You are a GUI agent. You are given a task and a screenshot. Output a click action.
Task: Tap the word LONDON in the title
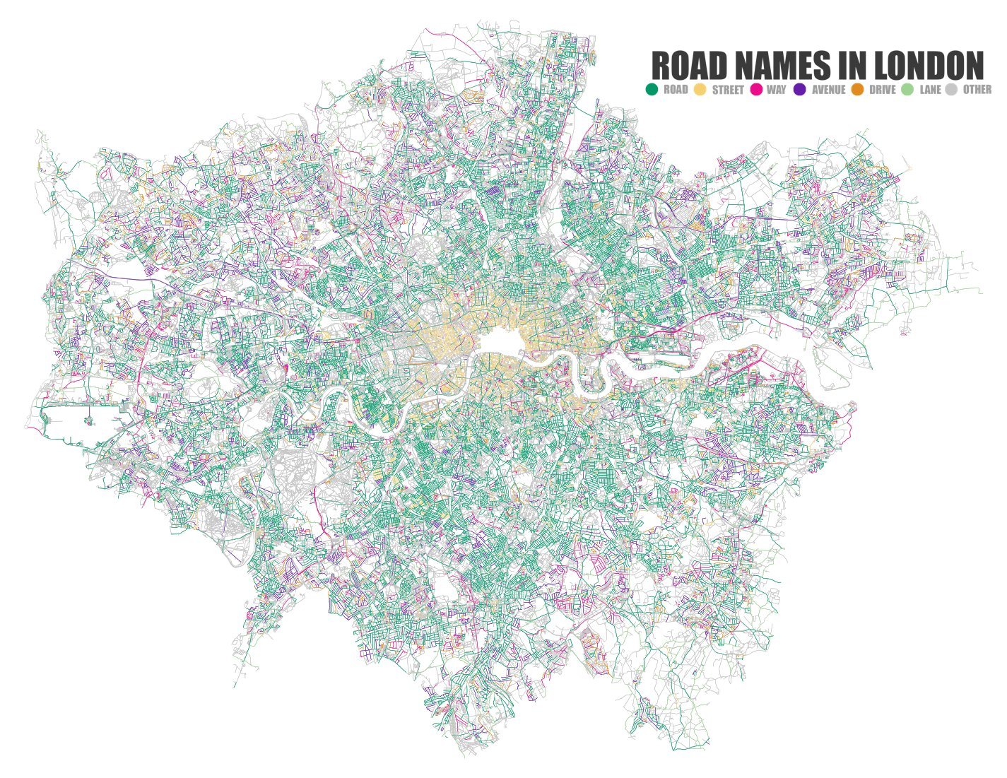[x=929, y=66]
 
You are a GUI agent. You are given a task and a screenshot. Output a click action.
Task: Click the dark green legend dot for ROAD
[x=652, y=90]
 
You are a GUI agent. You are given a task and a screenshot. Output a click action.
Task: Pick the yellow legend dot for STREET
[x=700, y=90]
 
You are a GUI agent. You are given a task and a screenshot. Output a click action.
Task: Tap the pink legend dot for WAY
[x=755, y=90]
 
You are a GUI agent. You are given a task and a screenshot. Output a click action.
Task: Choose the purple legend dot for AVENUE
[x=800, y=90]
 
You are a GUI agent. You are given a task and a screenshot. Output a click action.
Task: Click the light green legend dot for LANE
[x=907, y=90]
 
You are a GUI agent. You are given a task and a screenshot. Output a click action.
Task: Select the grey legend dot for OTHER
[x=952, y=90]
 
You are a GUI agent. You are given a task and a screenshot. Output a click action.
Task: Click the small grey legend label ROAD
[x=676, y=90]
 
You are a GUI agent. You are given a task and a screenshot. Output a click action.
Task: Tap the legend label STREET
[x=728, y=90]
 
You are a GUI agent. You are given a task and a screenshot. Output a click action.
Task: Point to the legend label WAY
[x=776, y=90]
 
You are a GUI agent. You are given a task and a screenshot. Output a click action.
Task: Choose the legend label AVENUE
[x=828, y=90]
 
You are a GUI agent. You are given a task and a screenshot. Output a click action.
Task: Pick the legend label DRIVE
[x=882, y=90]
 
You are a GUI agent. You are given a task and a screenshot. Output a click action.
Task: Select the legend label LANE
[x=930, y=90]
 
